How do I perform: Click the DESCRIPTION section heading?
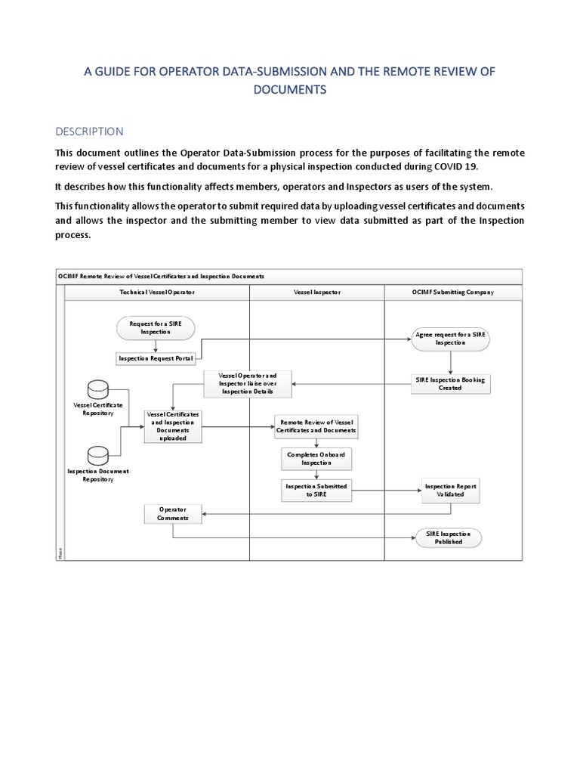coord(90,131)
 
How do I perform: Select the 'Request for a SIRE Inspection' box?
coord(156,327)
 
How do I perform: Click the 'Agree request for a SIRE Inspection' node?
coord(451,338)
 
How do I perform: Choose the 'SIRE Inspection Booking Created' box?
coord(451,383)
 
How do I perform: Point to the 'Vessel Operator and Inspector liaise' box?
coord(247,383)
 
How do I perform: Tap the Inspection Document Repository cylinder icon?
coord(98,455)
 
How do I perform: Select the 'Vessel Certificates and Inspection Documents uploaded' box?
coord(173,426)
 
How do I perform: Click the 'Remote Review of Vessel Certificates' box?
coord(317,426)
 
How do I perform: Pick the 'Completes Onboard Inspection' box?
coord(316,459)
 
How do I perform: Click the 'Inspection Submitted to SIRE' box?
coord(316,491)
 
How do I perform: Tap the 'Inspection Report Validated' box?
coord(451,491)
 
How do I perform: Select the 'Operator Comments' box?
coord(173,513)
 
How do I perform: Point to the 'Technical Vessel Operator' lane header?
coord(156,292)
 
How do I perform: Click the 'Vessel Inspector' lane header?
coord(316,292)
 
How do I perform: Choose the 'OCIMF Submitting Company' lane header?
coord(453,292)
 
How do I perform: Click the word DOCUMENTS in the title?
coord(290,89)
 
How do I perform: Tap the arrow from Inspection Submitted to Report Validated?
coord(387,491)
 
